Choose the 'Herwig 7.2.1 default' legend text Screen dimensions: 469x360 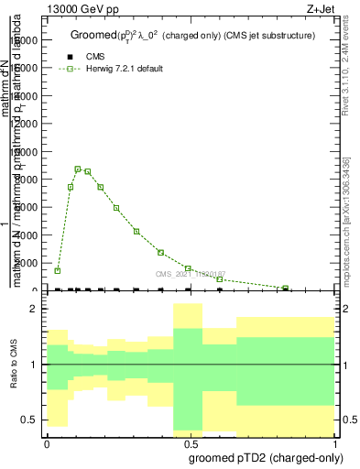click(125, 69)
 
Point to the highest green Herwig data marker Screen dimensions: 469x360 click(78, 169)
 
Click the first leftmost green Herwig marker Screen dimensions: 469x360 click(58, 270)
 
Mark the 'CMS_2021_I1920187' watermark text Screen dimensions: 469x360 click(190, 274)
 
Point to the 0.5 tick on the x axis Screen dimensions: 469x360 click(191, 442)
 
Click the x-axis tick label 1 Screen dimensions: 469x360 click(336, 442)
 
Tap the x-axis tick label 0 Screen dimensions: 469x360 click(47, 442)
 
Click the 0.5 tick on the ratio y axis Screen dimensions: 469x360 click(28, 420)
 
